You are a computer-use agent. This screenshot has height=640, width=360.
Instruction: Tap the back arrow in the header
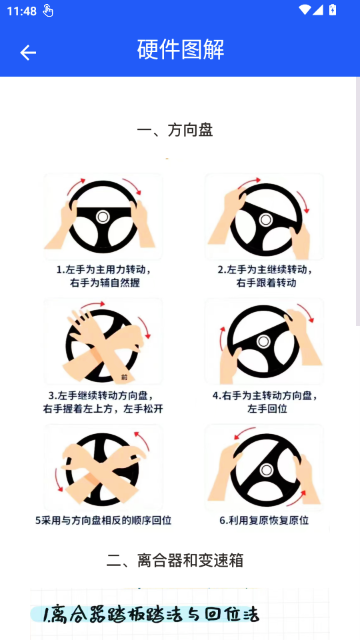(28, 53)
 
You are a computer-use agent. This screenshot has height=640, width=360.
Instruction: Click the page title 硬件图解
(180, 50)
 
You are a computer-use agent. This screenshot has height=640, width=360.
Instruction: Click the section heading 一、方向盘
(175, 131)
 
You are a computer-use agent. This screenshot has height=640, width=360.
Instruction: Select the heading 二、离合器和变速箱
(175, 560)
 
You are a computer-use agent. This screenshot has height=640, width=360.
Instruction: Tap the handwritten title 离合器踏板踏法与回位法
(151, 614)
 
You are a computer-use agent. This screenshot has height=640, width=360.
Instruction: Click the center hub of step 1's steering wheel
(102, 216)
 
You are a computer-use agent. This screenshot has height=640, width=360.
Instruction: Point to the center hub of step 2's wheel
(266, 220)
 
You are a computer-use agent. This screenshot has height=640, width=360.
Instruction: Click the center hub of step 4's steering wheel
(263, 341)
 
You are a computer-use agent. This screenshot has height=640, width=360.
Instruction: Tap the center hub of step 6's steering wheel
(267, 470)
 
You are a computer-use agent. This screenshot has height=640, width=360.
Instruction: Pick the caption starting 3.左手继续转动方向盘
(103, 402)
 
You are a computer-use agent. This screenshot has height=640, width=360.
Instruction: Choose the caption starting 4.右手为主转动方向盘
(265, 402)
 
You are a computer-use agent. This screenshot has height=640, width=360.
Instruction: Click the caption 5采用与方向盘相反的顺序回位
(103, 521)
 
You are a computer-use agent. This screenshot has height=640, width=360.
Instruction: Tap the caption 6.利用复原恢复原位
(264, 521)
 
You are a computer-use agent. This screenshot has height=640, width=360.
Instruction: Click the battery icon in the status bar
(333, 10)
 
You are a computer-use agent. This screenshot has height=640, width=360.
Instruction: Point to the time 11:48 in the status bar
(22, 11)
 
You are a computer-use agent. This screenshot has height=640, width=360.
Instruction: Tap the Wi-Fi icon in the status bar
(304, 10)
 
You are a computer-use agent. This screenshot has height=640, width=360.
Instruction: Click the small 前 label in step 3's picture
(124, 378)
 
